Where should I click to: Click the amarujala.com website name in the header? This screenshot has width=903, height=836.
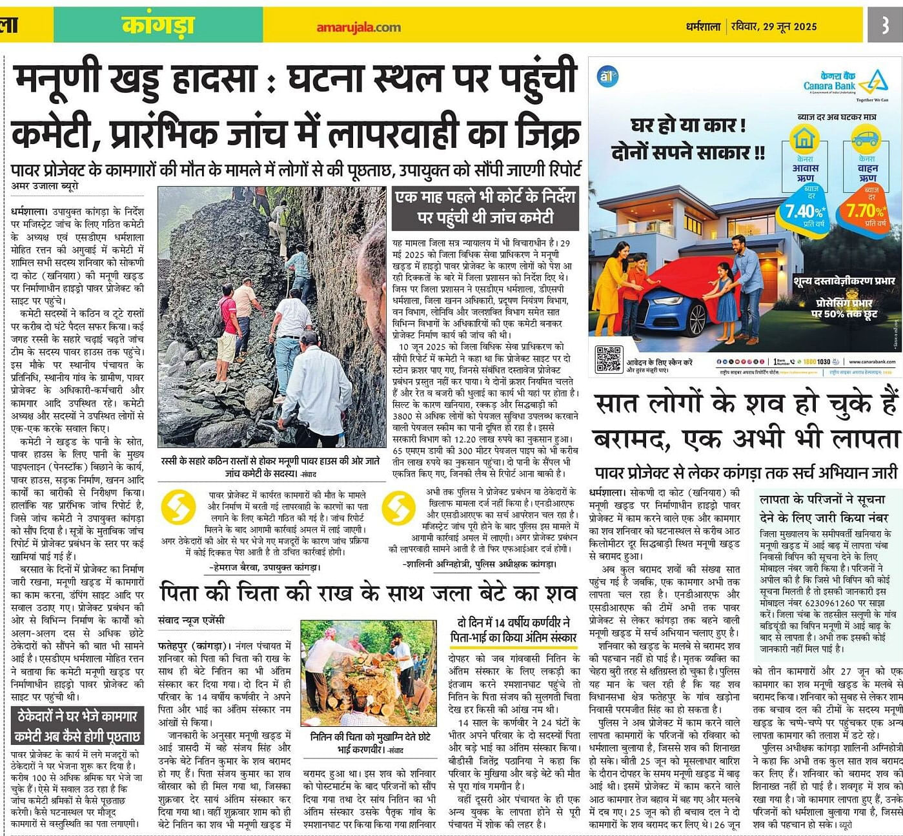click(x=358, y=27)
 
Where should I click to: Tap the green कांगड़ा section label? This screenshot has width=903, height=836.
click(x=158, y=26)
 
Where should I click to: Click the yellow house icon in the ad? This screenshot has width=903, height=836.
click(x=804, y=138)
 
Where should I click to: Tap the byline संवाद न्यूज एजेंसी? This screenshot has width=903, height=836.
click(x=192, y=620)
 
